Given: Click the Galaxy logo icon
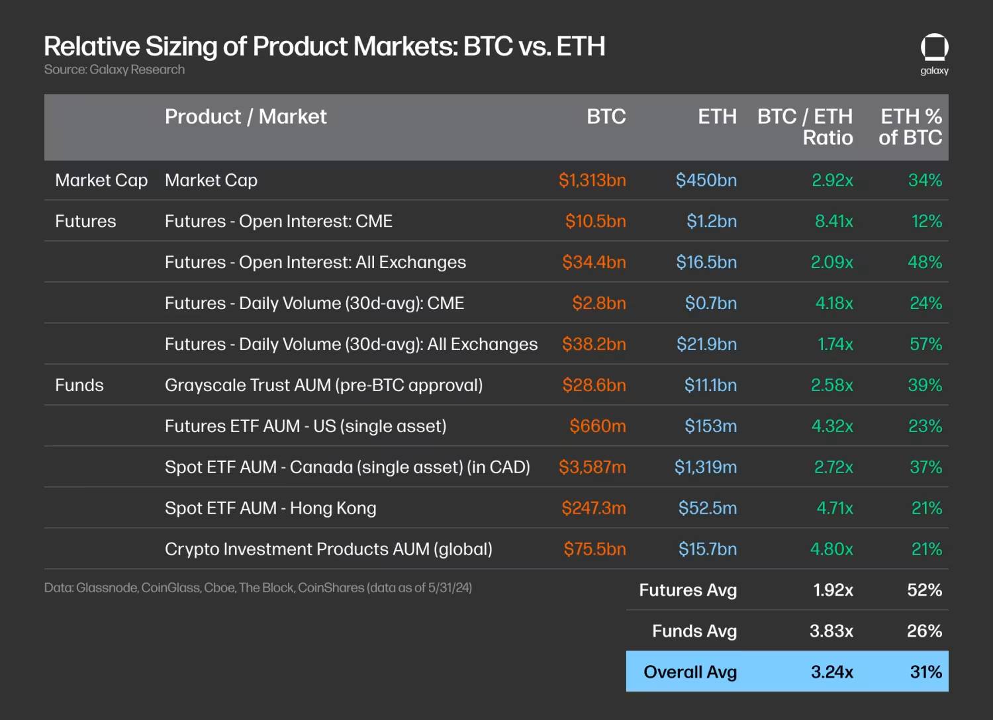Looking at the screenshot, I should pyautogui.click(x=934, y=48).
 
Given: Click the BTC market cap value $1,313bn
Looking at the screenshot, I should pyautogui.click(x=592, y=180).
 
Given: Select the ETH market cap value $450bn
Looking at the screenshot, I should pyautogui.click(x=706, y=180).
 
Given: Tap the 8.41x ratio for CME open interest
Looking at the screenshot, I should pyautogui.click(x=833, y=221).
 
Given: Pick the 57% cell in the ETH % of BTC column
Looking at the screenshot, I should pyautogui.click(x=925, y=344).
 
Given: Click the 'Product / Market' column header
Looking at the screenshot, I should pyautogui.click(x=246, y=116).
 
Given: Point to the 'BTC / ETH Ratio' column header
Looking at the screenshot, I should pyautogui.click(x=805, y=127).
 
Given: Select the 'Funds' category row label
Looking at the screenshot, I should pyautogui.click(x=79, y=385).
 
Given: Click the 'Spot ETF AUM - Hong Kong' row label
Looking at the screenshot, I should pyautogui.click(x=270, y=508).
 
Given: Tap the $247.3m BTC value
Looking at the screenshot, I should pyautogui.click(x=593, y=508).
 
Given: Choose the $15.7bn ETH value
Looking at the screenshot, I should pyautogui.click(x=707, y=549).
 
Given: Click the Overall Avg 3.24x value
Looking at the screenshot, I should pyautogui.click(x=831, y=672).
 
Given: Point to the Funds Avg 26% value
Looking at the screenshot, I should pyautogui.click(x=924, y=631).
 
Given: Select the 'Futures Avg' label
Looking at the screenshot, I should pyautogui.click(x=688, y=590).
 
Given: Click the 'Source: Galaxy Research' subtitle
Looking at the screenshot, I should pyautogui.click(x=115, y=69).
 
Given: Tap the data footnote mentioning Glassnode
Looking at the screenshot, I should pyautogui.click(x=258, y=588).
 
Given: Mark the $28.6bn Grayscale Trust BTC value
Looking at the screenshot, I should pyautogui.click(x=594, y=385).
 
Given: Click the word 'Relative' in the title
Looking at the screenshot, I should pyautogui.click(x=91, y=46).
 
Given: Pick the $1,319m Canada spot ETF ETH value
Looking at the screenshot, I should pyautogui.click(x=705, y=467).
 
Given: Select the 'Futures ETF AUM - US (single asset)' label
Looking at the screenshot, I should pyautogui.click(x=305, y=426).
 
